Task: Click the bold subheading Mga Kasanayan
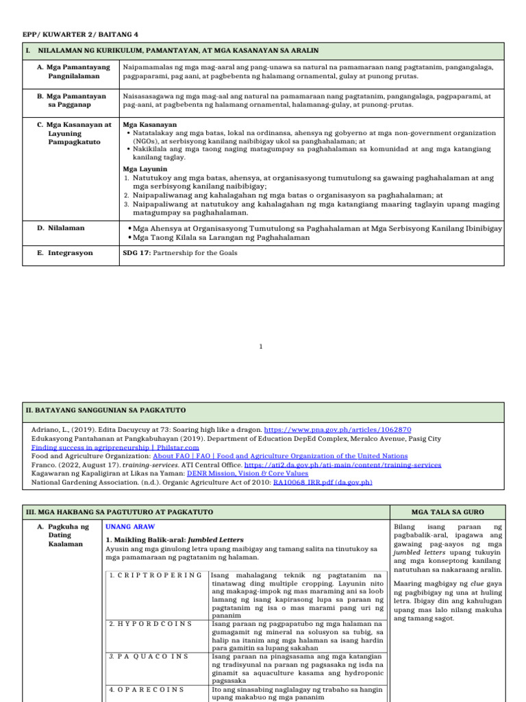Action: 149,125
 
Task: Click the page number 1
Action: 261,346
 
